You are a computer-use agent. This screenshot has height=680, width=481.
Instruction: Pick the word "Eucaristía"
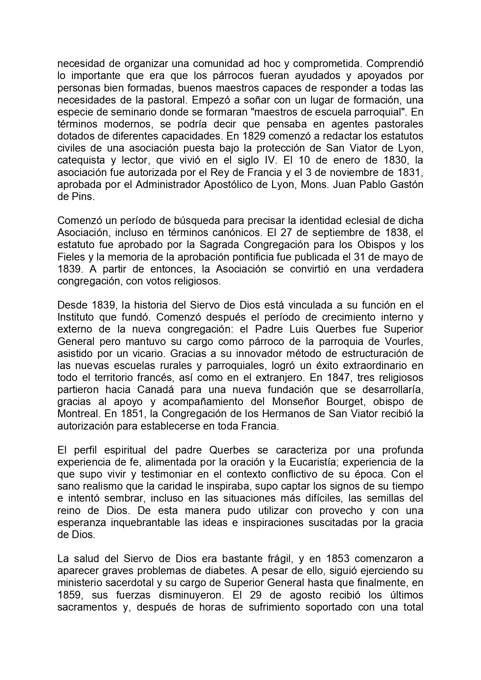click(x=309, y=462)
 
